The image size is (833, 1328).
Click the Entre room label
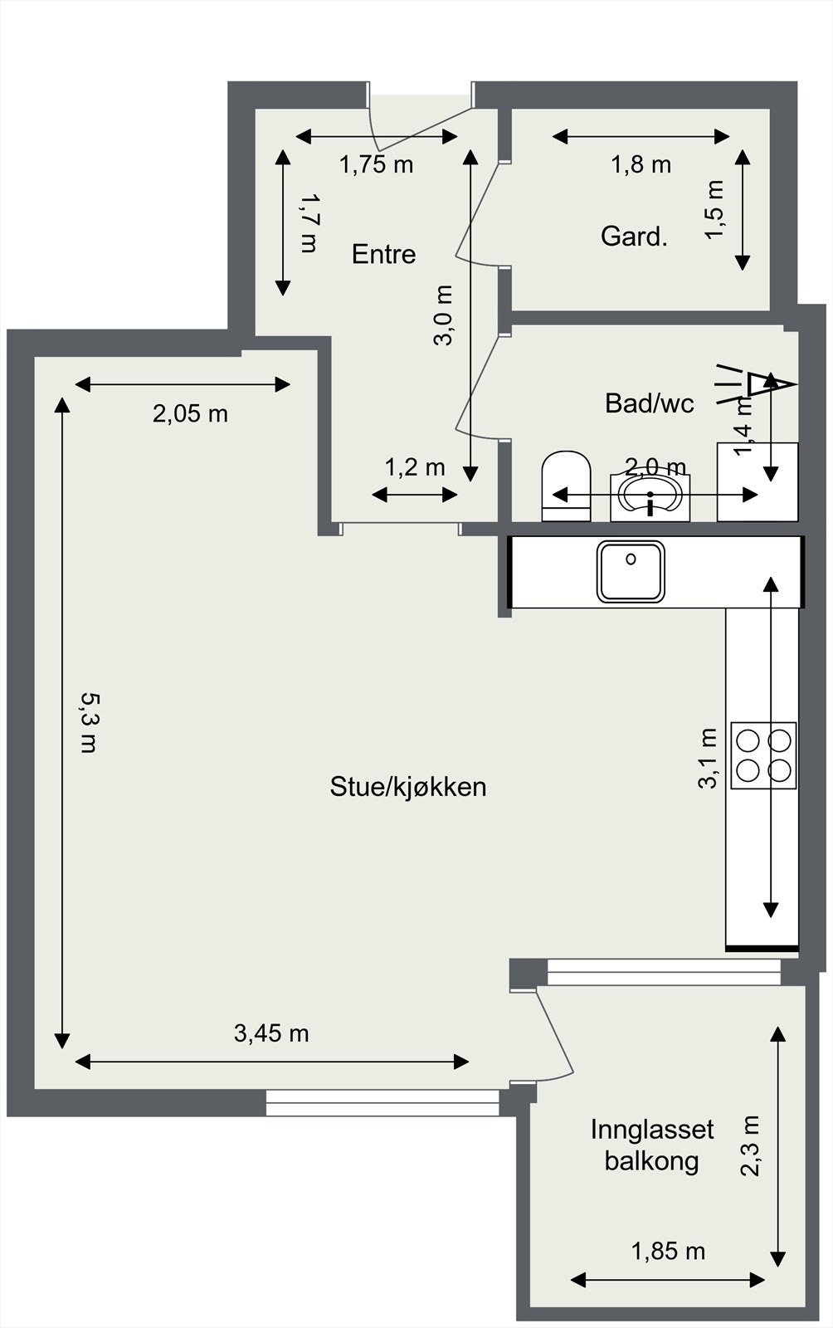pos(383,254)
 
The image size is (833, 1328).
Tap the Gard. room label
pos(634,237)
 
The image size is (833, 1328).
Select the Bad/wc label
pos(649,403)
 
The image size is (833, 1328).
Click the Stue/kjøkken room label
pos(407,786)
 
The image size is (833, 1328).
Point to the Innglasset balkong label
pos(652,1145)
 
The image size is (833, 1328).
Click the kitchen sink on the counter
pos(631,570)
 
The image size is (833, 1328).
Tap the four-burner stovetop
pos(763,754)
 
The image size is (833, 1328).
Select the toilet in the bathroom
pos(566,486)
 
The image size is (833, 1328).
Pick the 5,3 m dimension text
pos(89,722)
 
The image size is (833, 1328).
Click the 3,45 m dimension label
pos(271,1033)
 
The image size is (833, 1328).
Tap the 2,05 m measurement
pos(190,413)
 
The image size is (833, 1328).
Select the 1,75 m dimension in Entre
pos(376,164)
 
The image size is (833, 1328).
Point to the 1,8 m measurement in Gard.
pos(641,164)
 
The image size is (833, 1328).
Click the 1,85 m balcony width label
pos(668,1251)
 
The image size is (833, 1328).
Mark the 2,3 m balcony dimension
pos(750,1145)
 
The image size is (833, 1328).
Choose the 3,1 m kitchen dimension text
pos(708,758)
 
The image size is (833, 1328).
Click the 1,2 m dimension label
pos(415,467)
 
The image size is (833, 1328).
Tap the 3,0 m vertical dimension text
pos(444,315)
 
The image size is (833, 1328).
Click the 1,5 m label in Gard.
pos(715,209)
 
